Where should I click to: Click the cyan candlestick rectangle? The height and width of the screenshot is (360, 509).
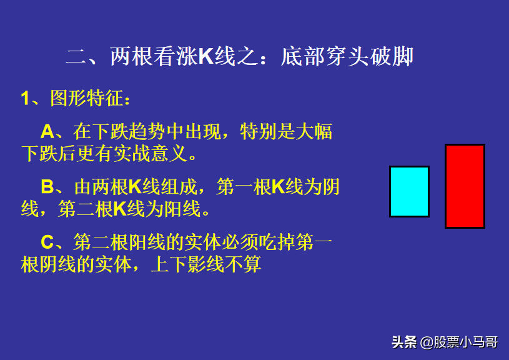click(409, 191)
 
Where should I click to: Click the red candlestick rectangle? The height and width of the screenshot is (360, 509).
click(465, 186)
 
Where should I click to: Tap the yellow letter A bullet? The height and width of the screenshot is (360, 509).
click(47, 132)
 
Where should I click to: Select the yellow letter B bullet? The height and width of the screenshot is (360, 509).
click(47, 187)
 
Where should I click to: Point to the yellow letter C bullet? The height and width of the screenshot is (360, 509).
click(47, 242)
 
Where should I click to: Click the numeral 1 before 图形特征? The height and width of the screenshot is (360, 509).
click(25, 98)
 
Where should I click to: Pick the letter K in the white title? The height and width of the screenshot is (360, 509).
click(206, 56)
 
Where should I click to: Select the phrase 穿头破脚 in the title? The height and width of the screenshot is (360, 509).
click(369, 56)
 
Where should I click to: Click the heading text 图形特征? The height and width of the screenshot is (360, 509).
click(87, 98)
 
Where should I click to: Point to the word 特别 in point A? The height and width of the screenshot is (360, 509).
click(259, 132)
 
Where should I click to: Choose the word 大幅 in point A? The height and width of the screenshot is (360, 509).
click(314, 132)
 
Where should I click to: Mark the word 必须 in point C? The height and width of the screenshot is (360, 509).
click(240, 242)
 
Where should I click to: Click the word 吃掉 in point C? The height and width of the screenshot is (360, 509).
click(277, 242)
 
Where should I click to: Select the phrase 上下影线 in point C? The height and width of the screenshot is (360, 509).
click(187, 264)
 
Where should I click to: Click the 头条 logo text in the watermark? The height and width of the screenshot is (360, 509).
click(404, 342)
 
